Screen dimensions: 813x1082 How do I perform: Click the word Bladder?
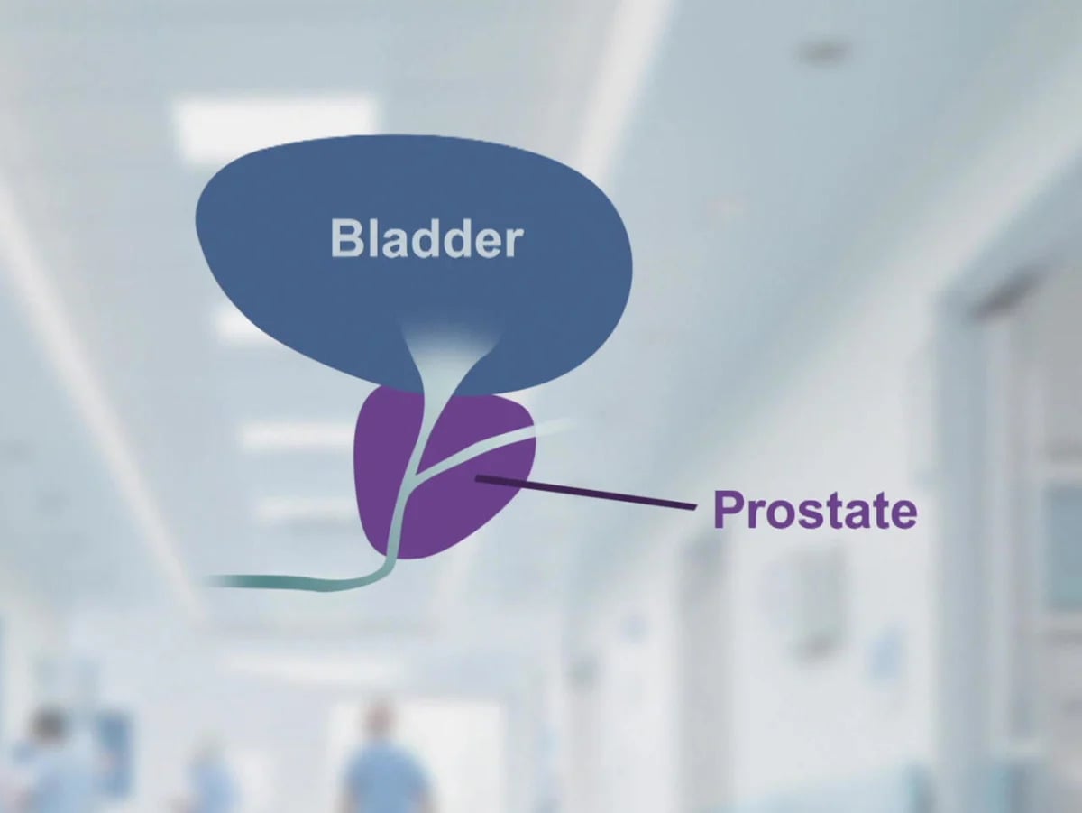coord(426,238)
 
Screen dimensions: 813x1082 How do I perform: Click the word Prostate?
coord(814,510)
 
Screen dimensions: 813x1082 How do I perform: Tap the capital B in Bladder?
coord(346,238)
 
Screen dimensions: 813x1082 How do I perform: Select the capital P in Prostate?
coord(728,510)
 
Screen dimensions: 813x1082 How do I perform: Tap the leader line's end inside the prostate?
coord(479,477)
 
